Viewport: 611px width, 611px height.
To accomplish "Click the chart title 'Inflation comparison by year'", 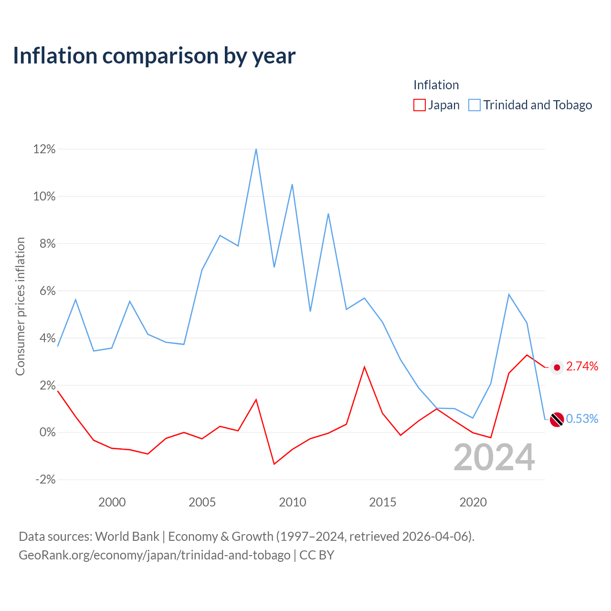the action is coord(154,56).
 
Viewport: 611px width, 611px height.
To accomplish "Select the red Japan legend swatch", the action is coord(419,105).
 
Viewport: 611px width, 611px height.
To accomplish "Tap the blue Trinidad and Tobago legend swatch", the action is coord(474,105).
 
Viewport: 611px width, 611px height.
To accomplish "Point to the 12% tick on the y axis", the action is coord(44,149).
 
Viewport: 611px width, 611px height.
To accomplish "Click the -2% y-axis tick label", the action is coord(45,479).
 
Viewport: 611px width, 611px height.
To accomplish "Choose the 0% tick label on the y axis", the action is coord(48,432).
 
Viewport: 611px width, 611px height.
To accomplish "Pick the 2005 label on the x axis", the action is coord(202,502).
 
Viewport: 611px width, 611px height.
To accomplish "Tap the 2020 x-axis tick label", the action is coord(473,502).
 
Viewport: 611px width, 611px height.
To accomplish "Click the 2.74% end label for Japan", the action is coord(582,366).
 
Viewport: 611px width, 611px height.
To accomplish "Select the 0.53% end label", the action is coord(582,419).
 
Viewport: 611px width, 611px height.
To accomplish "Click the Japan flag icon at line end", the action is coord(557,368).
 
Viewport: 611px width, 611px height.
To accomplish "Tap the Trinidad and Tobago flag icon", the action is coord(557,420).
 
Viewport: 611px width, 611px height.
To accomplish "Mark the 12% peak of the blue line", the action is coord(256,149).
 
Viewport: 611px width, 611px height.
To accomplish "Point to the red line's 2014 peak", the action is coord(364,367).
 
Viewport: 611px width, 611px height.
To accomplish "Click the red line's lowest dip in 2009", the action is coord(274,464).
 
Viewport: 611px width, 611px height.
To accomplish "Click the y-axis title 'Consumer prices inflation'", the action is coord(20,306).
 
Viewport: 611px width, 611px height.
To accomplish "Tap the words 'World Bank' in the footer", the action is coord(127,536).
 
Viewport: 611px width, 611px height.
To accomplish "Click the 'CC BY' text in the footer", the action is coord(317,555).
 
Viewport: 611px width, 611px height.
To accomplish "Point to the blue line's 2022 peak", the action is coord(508,294).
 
